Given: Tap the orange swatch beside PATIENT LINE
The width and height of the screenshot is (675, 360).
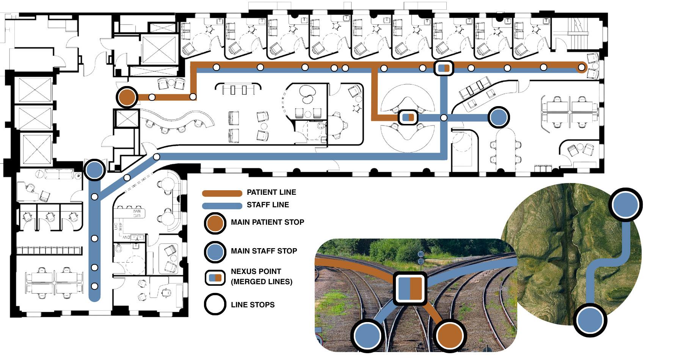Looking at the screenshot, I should (x=222, y=193).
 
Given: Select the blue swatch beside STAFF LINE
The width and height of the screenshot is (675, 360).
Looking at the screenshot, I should (x=222, y=206).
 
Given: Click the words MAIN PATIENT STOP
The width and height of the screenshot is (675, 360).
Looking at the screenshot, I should (x=267, y=222).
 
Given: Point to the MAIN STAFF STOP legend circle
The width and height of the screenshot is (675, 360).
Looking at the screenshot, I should (x=215, y=251).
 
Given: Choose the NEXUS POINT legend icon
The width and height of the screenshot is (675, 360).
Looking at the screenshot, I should (x=215, y=277).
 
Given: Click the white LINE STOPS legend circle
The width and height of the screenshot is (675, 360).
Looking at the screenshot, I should (x=215, y=304).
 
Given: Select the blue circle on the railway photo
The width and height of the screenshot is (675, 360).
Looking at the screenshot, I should (x=367, y=335).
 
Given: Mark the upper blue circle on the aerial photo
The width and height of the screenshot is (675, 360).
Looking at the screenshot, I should (x=625, y=205).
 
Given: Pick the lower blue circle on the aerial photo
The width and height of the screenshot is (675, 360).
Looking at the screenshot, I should (x=590, y=320).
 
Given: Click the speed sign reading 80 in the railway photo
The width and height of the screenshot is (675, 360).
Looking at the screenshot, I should (x=421, y=254).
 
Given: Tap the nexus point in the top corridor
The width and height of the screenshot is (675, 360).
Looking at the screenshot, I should (x=443, y=68).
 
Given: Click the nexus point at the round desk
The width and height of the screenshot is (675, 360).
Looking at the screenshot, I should (x=408, y=117).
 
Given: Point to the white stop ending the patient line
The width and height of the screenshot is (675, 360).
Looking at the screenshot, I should (x=581, y=68).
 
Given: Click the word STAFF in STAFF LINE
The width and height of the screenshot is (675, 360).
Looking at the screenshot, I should (x=257, y=205).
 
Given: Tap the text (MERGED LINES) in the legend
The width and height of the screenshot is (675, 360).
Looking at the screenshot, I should (x=262, y=282).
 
